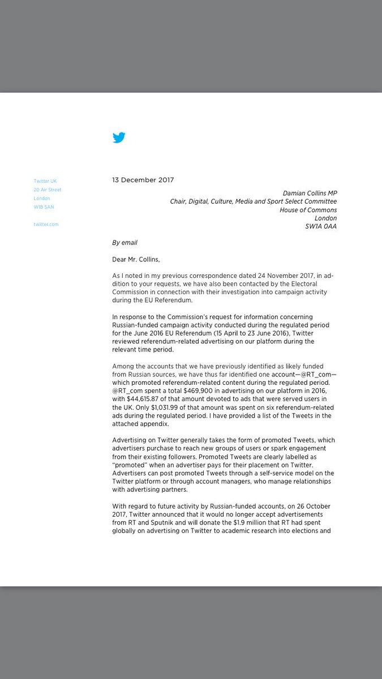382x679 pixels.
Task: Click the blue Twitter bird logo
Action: coord(119,137)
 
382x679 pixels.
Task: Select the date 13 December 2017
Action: coord(143,180)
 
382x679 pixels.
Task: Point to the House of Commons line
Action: coord(308,210)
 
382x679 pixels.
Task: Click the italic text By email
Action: coord(125,243)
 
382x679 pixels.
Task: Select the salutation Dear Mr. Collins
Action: coord(136,259)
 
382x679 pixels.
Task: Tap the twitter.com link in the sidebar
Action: coord(46,225)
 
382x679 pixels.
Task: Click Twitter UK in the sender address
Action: coord(45,181)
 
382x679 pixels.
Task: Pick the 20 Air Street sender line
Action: coord(48,190)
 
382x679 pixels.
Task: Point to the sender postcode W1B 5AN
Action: coord(44,207)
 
